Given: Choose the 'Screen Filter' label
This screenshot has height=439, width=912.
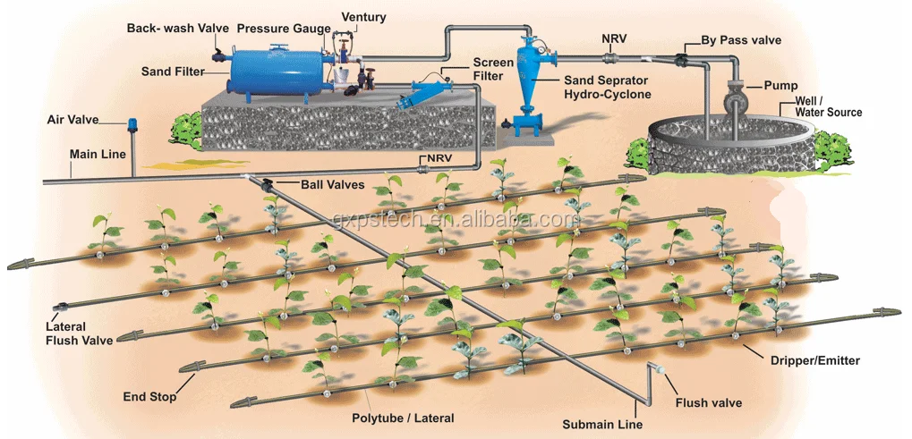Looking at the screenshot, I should (493, 70).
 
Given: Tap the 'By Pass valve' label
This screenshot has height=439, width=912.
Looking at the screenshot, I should (741, 40).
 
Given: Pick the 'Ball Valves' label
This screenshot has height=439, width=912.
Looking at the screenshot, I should (333, 184).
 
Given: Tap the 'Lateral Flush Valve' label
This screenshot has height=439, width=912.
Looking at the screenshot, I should (80, 333).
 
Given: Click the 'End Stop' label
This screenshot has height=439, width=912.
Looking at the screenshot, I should (149, 394).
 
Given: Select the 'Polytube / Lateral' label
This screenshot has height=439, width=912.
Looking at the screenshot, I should (403, 418).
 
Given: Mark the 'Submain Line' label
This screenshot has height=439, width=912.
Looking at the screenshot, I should (601, 424).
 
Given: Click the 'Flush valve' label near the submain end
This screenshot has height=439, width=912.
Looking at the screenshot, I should (708, 402).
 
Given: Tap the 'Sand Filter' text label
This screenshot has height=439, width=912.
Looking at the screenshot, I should (173, 71).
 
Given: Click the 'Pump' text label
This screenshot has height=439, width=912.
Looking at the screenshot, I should (780, 86).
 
